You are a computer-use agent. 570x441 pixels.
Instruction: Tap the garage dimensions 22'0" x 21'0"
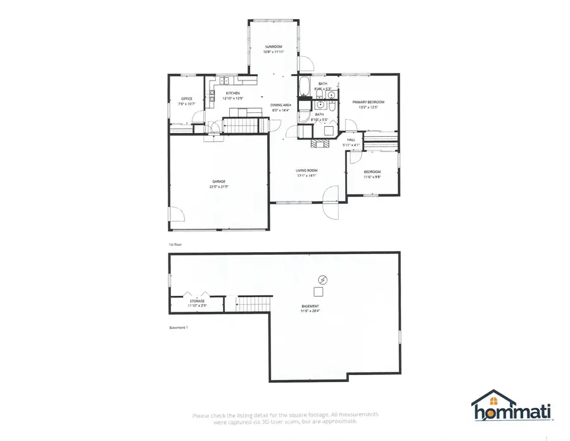tap(218, 187)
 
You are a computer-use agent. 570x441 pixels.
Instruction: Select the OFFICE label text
tap(187, 99)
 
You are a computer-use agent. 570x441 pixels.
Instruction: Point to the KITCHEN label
tap(233, 94)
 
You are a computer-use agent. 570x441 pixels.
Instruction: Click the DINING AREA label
tap(280, 105)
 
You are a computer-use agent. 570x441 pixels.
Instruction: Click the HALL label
tap(351, 140)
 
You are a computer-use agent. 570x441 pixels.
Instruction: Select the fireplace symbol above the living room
tap(319, 143)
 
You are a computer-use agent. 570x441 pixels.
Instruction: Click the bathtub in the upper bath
tap(305, 86)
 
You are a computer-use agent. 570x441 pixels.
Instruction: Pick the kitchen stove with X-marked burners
tap(211, 96)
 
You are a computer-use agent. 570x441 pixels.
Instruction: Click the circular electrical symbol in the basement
tap(322, 279)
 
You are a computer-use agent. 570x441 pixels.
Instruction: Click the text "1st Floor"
tap(175, 244)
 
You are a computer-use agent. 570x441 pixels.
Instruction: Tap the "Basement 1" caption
tap(179, 328)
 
